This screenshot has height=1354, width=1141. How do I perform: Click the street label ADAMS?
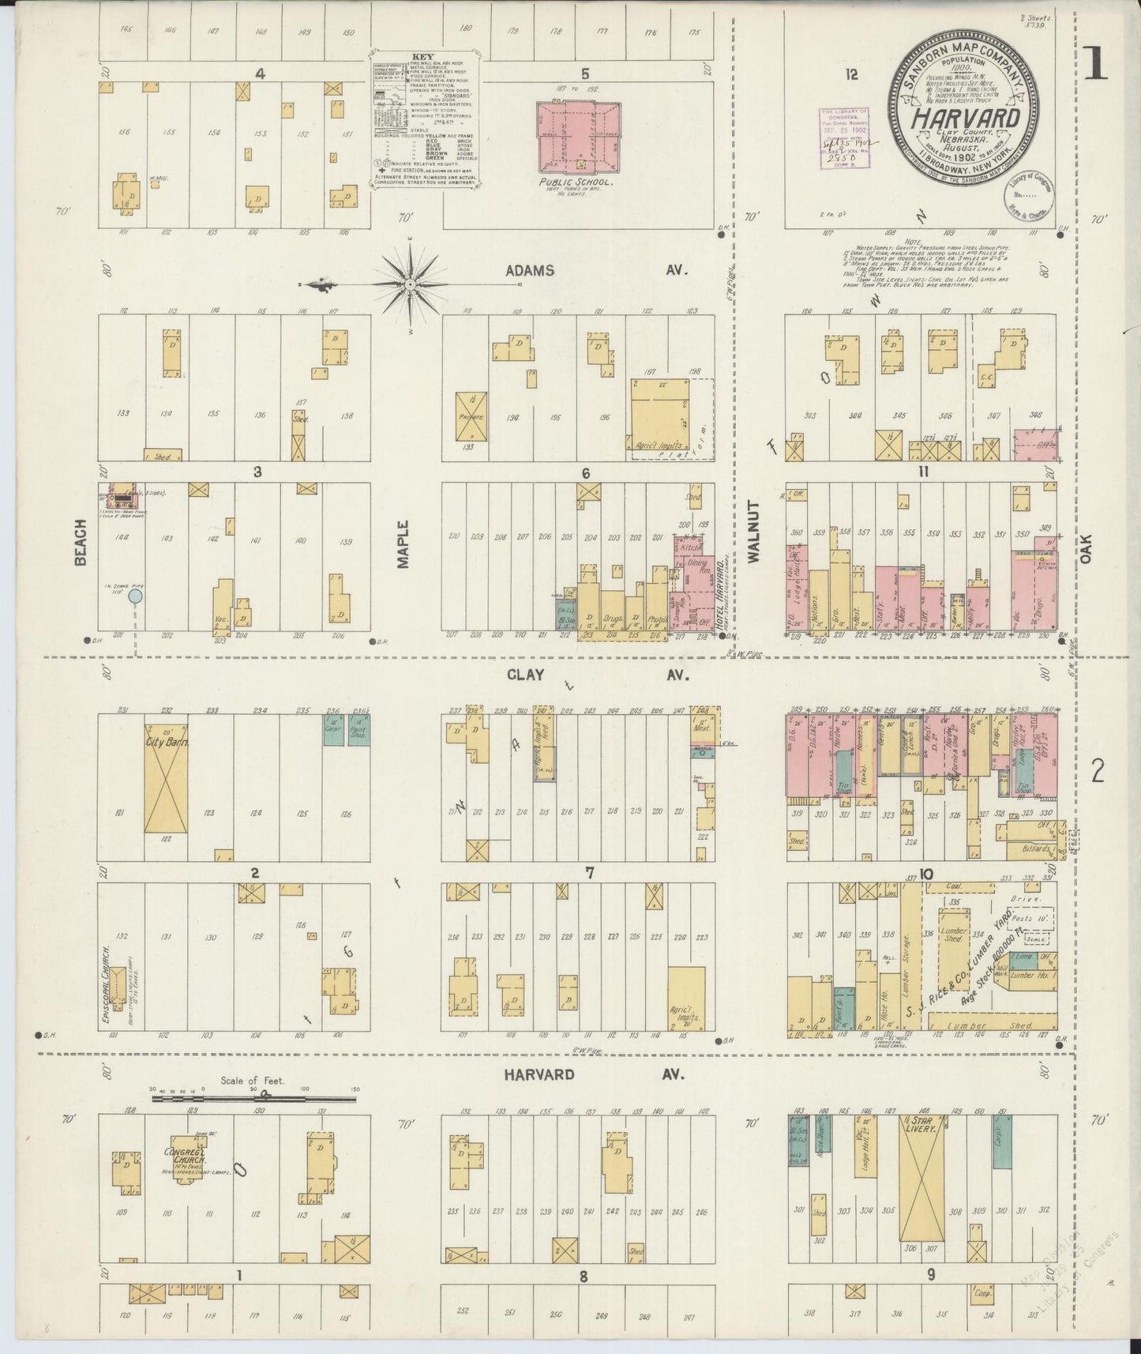tap(530, 270)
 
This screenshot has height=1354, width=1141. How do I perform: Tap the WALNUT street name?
tap(753, 542)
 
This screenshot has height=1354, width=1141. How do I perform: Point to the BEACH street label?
tap(80, 547)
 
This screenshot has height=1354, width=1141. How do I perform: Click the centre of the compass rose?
tap(410, 283)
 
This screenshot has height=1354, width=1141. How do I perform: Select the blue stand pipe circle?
tap(136, 596)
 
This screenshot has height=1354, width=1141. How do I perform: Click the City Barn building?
tap(166, 778)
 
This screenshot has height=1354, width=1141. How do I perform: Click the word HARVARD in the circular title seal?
tap(966, 118)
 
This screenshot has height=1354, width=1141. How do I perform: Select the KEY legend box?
tap(424, 120)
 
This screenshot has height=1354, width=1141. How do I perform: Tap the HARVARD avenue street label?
tap(540, 1075)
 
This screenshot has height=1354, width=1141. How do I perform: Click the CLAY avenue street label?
tap(525, 675)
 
